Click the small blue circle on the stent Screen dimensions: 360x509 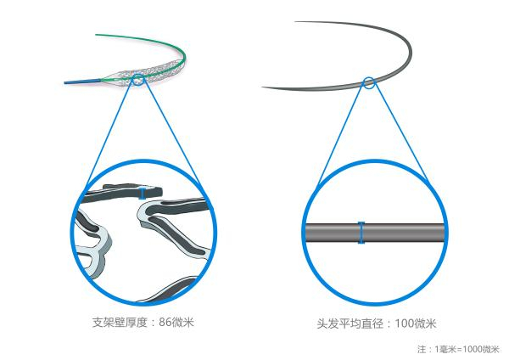pos(137,81)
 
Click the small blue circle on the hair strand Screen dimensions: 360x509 pos(369,82)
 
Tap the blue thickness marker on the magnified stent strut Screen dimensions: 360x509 pos(143,194)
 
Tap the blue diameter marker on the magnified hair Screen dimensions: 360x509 pos(361,232)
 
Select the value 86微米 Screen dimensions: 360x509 pos(182,322)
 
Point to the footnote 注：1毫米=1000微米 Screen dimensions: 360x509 pos(458,349)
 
